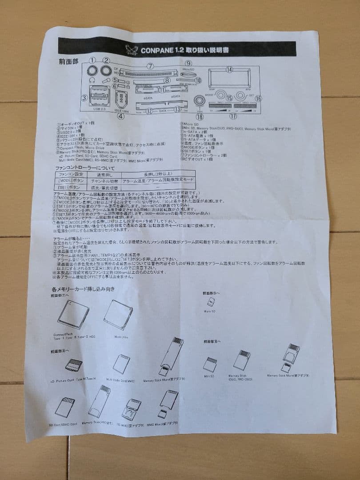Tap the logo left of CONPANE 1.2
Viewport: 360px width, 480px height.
[x=132, y=49]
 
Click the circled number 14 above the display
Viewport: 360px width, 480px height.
[x=229, y=70]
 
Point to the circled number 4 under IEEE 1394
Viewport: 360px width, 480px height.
[x=120, y=117]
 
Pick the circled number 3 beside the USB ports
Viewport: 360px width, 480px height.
[x=84, y=98]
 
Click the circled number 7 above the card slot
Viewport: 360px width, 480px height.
[x=151, y=66]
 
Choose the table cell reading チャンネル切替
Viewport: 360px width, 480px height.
[x=105, y=181]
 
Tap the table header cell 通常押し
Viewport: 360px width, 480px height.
[x=104, y=175]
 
